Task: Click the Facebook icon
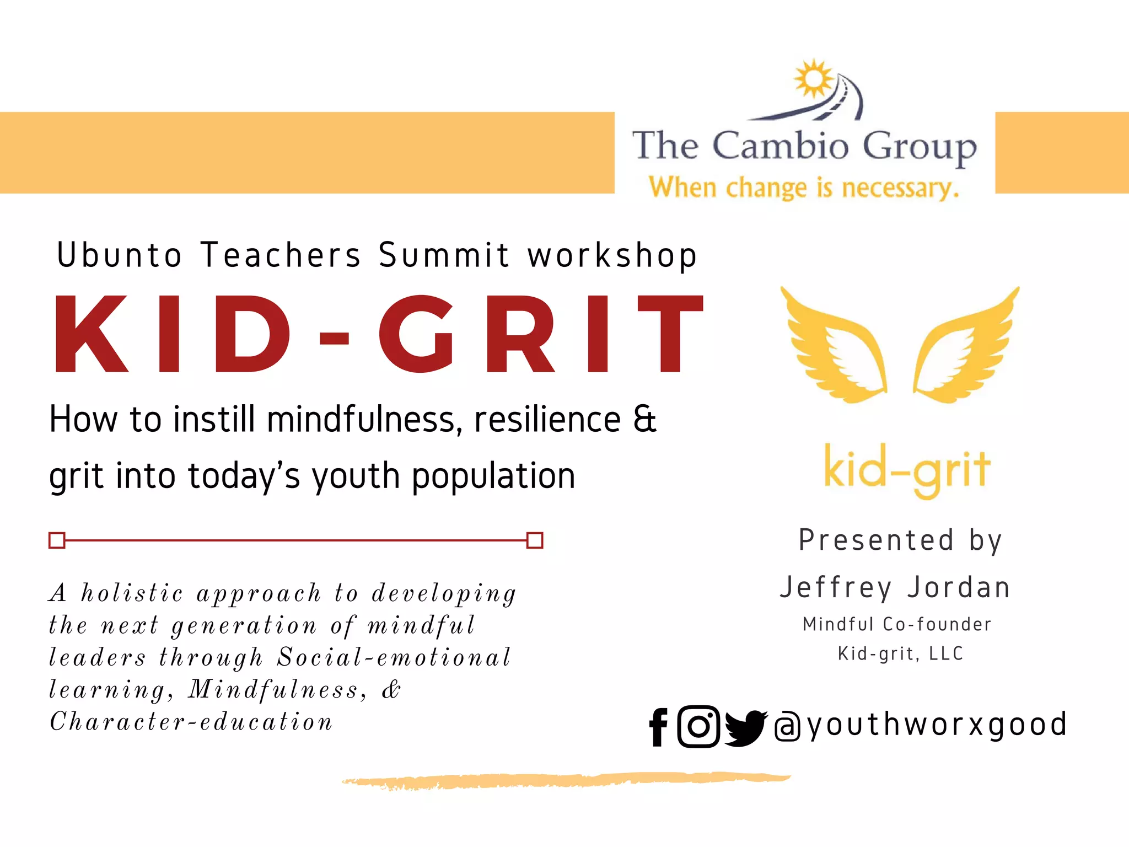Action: pyautogui.click(x=659, y=727)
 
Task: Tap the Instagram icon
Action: pyautogui.click(x=698, y=726)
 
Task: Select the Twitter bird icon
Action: pyautogui.click(x=745, y=728)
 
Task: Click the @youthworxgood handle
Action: pyautogui.click(x=921, y=725)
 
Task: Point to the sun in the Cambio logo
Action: pyautogui.click(x=814, y=79)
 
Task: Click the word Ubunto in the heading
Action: pyautogui.click(x=120, y=255)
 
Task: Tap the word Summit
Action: pyautogui.click(x=444, y=255)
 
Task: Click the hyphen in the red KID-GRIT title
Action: pyautogui.click(x=334, y=338)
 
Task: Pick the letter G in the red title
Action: pyautogui.click(x=417, y=334)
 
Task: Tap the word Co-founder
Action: pyautogui.click(x=937, y=624)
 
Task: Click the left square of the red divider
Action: pyautogui.click(x=57, y=540)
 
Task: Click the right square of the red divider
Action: pyautogui.click(x=535, y=540)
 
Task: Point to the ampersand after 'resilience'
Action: pyautogui.click(x=644, y=419)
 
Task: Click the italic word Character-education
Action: pyautogui.click(x=191, y=722)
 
